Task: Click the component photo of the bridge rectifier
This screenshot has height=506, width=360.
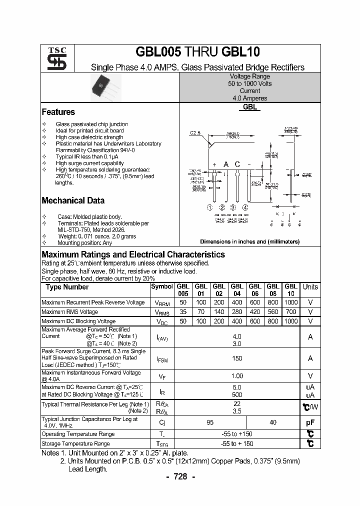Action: (105, 88)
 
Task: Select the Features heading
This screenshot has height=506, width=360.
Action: (58, 112)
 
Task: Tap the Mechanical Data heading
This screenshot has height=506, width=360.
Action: (73, 200)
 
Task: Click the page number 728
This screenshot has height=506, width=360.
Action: (180, 476)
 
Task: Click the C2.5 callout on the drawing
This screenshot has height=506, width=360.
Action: (195, 133)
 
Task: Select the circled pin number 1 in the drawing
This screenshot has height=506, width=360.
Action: (210, 207)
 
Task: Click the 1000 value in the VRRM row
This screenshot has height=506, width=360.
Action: (290, 302)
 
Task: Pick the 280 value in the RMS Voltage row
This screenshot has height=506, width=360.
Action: (236, 312)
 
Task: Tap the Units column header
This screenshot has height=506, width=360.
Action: (310, 287)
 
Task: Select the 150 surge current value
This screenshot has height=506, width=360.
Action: (237, 358)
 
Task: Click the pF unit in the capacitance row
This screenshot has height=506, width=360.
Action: (310, 422)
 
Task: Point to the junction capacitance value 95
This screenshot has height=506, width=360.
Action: (210, 422)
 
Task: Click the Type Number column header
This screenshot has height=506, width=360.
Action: (67, 287)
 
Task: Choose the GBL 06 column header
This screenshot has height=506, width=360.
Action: (254, 290)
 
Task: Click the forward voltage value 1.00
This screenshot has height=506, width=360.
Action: (237, 376)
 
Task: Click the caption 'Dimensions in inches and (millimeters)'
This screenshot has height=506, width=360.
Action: (249, 241)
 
